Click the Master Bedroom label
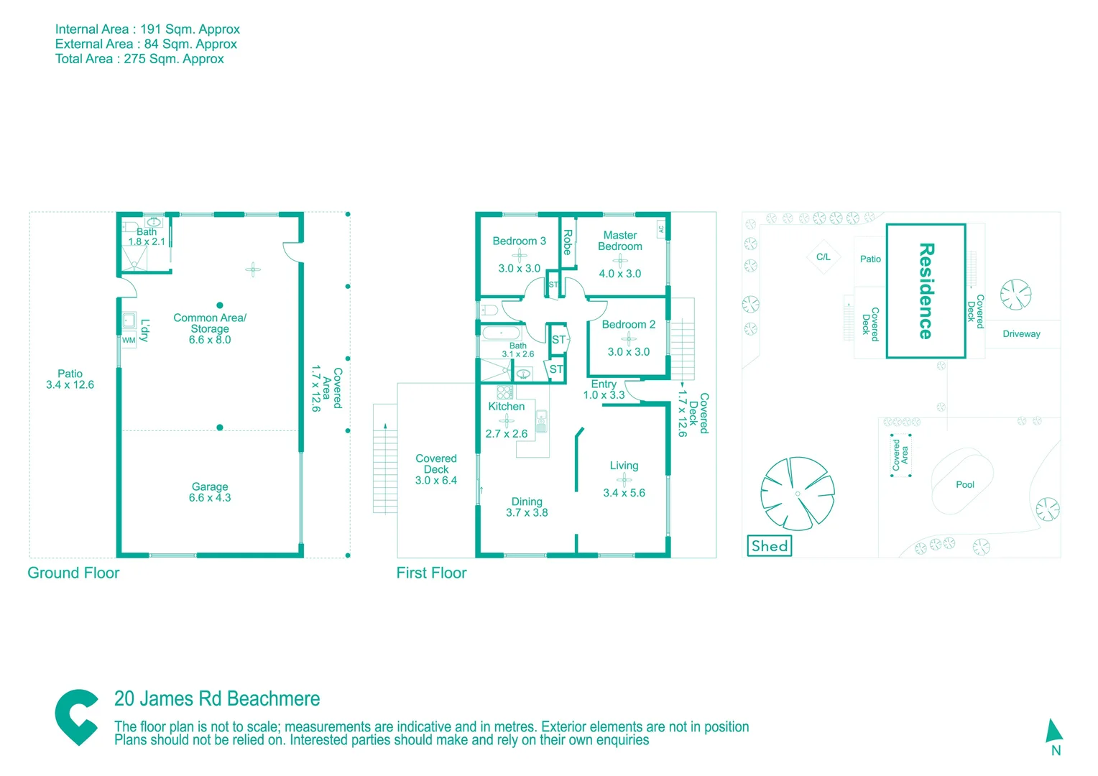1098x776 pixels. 619,241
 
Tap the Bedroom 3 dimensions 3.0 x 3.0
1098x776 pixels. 519,268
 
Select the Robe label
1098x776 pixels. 568,242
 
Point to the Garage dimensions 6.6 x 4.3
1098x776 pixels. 210,497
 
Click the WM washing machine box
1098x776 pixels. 129,340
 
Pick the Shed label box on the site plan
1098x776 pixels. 770,546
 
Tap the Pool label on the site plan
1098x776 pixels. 964,484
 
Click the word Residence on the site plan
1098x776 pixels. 926,290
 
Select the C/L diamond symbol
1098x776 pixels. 823,257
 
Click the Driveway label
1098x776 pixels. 1021,333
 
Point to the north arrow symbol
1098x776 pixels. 1053,731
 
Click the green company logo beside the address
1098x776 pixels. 77,716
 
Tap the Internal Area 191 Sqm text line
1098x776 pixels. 147,29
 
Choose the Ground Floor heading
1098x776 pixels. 73,573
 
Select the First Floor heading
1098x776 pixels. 431,573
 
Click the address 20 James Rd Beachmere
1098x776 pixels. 217,698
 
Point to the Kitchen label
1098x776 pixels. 506,406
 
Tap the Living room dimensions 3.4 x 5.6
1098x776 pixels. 624,493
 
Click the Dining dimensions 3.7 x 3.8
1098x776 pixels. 527,512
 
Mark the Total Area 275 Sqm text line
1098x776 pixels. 139,59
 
